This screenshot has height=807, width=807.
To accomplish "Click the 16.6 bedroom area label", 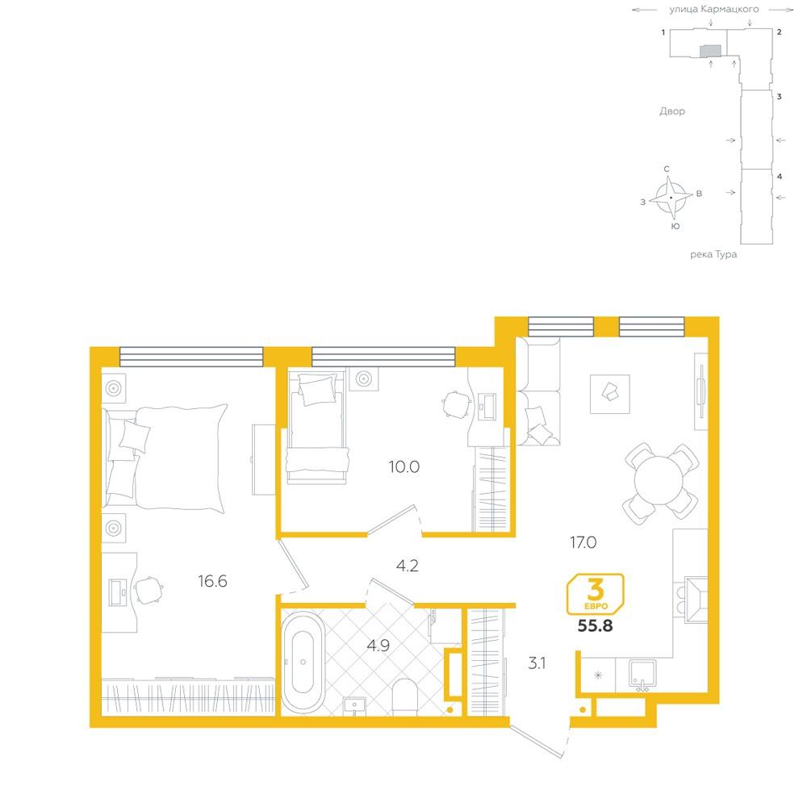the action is (x=212, y=581).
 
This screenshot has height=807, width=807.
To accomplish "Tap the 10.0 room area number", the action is (x=404, y=466).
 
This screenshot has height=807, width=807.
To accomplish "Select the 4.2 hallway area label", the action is (x=407, y=566).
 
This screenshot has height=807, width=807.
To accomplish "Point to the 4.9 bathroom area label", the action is (x=378, y=646).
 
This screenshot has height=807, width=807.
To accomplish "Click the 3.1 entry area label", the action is (x=537, y=663).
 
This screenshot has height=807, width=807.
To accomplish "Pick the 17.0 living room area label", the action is (x=583, y=542).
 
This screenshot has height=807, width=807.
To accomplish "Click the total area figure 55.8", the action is (x=595, y=626).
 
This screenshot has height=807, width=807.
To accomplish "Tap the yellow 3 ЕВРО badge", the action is (x=595, y=595).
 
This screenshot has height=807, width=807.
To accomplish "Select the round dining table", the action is (x=659, y=481).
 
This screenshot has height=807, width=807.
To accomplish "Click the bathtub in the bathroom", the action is (x=303, y=662).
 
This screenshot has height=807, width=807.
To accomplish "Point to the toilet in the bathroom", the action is (x=404, y=697).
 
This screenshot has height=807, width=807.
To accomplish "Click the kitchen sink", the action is (x=642, y=675).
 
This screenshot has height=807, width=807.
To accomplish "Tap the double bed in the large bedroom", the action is (x=165, y=457).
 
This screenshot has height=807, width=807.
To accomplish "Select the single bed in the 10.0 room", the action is (x=316, y=429).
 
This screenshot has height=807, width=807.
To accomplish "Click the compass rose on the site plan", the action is (x=670, y=199).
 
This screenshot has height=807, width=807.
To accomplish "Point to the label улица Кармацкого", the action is (x=714, y=9).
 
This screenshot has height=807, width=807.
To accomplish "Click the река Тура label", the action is (x=713, y=254).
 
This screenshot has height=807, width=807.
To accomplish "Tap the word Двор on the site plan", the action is (x=672, y=111).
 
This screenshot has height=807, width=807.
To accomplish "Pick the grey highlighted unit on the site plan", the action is (x=711, y=50).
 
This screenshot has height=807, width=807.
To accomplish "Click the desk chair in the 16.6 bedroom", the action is (x=148, y=590).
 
